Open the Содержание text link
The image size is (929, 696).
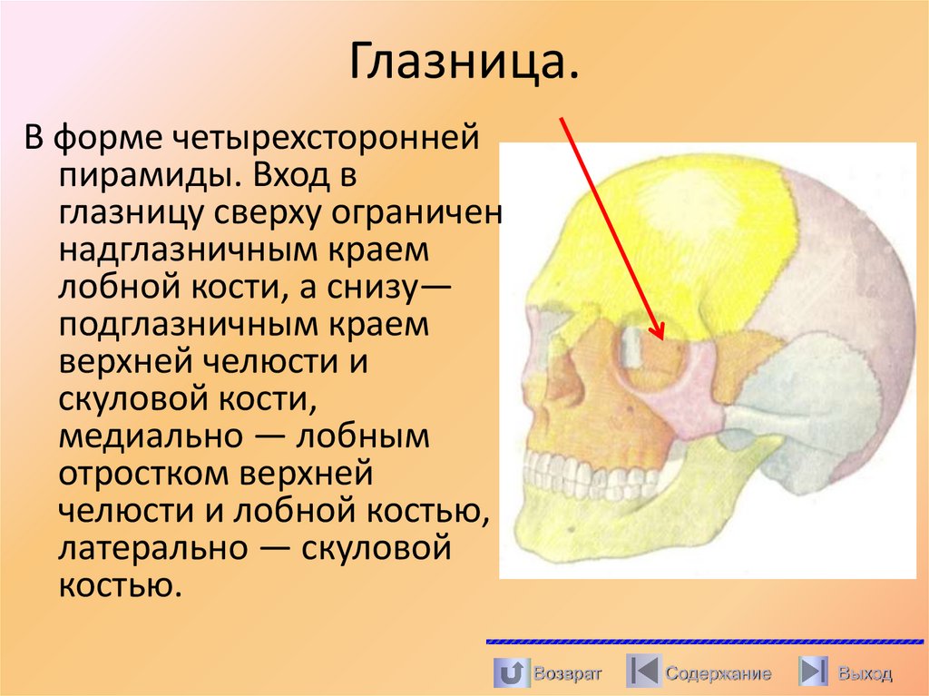(x=718, y=673)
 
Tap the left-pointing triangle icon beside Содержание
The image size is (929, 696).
(x=643, y=672)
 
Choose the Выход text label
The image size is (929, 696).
(x=865, y=673)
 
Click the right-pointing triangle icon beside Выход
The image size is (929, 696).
(x=812, y=672)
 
